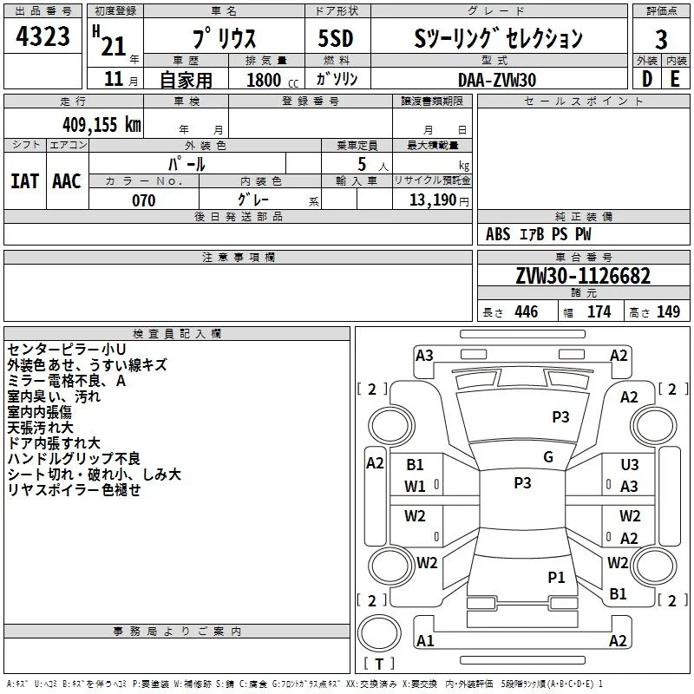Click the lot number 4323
click(x=43, y=36)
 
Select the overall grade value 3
click(x=661, y=40)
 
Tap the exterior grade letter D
click(x=647, y=79)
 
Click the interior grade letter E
click(x=675, y=79)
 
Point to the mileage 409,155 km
click(x=101, y=124)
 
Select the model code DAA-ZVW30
click(x=497, y=80)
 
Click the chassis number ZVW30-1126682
click(x=583, y=276)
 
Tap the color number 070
click(x=144, y=200)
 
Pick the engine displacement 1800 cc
click(x=272, y=80)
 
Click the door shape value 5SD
click(x=336, y=38)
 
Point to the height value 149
click(x=668, y=311)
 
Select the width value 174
click(x=599, y=311)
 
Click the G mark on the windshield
click(x=548, y=457)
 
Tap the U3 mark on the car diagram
click(x=630, y=464)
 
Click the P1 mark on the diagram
click(x=556, y=577)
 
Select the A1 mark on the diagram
click(x=425, y=640)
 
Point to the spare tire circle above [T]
click(x=379, y=633)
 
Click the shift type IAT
click(x=24, y=181)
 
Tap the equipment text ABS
click(x=498, y=234)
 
